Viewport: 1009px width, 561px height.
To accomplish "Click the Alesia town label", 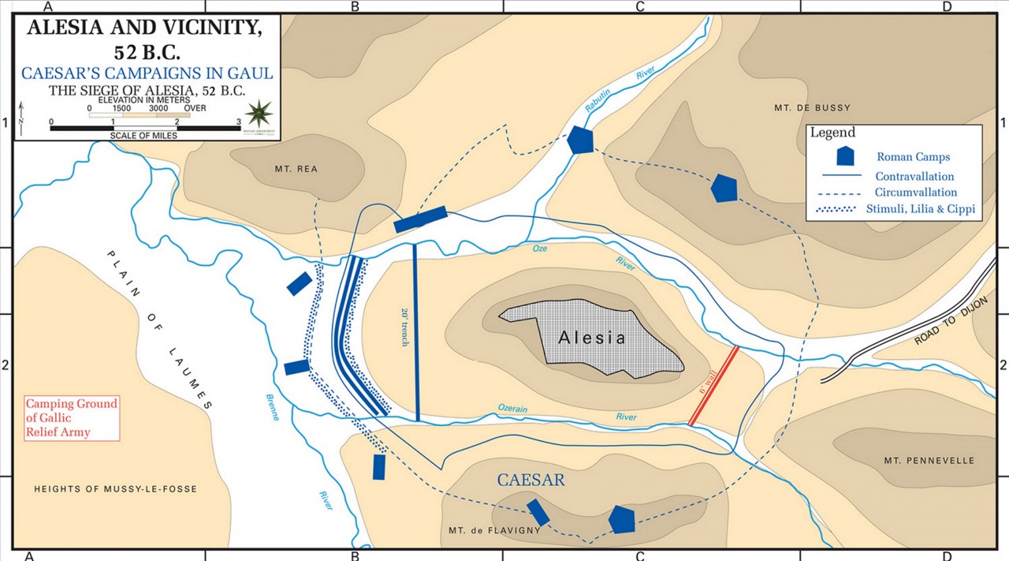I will pos(591,338).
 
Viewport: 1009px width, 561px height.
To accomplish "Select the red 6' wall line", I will pos(713,386).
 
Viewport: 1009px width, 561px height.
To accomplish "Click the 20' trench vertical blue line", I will pos(415,331).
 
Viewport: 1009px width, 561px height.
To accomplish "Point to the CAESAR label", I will pos(530,480).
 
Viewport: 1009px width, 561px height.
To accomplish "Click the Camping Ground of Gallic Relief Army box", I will pos(72,417).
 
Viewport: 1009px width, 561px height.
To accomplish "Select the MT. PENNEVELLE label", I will pos(929,461).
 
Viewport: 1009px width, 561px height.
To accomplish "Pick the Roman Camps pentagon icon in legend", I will pos(844,156).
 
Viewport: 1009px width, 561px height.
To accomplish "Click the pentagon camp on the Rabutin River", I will pos(579,140).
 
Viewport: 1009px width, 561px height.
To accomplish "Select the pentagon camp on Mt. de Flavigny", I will pos(622,519).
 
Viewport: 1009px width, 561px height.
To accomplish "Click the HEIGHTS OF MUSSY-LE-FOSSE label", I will pos(115,489).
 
